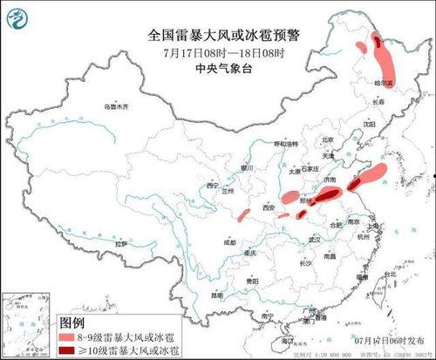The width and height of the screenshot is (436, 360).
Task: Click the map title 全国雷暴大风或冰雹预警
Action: [217, 36]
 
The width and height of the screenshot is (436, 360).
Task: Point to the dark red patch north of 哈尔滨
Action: [377, 40]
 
